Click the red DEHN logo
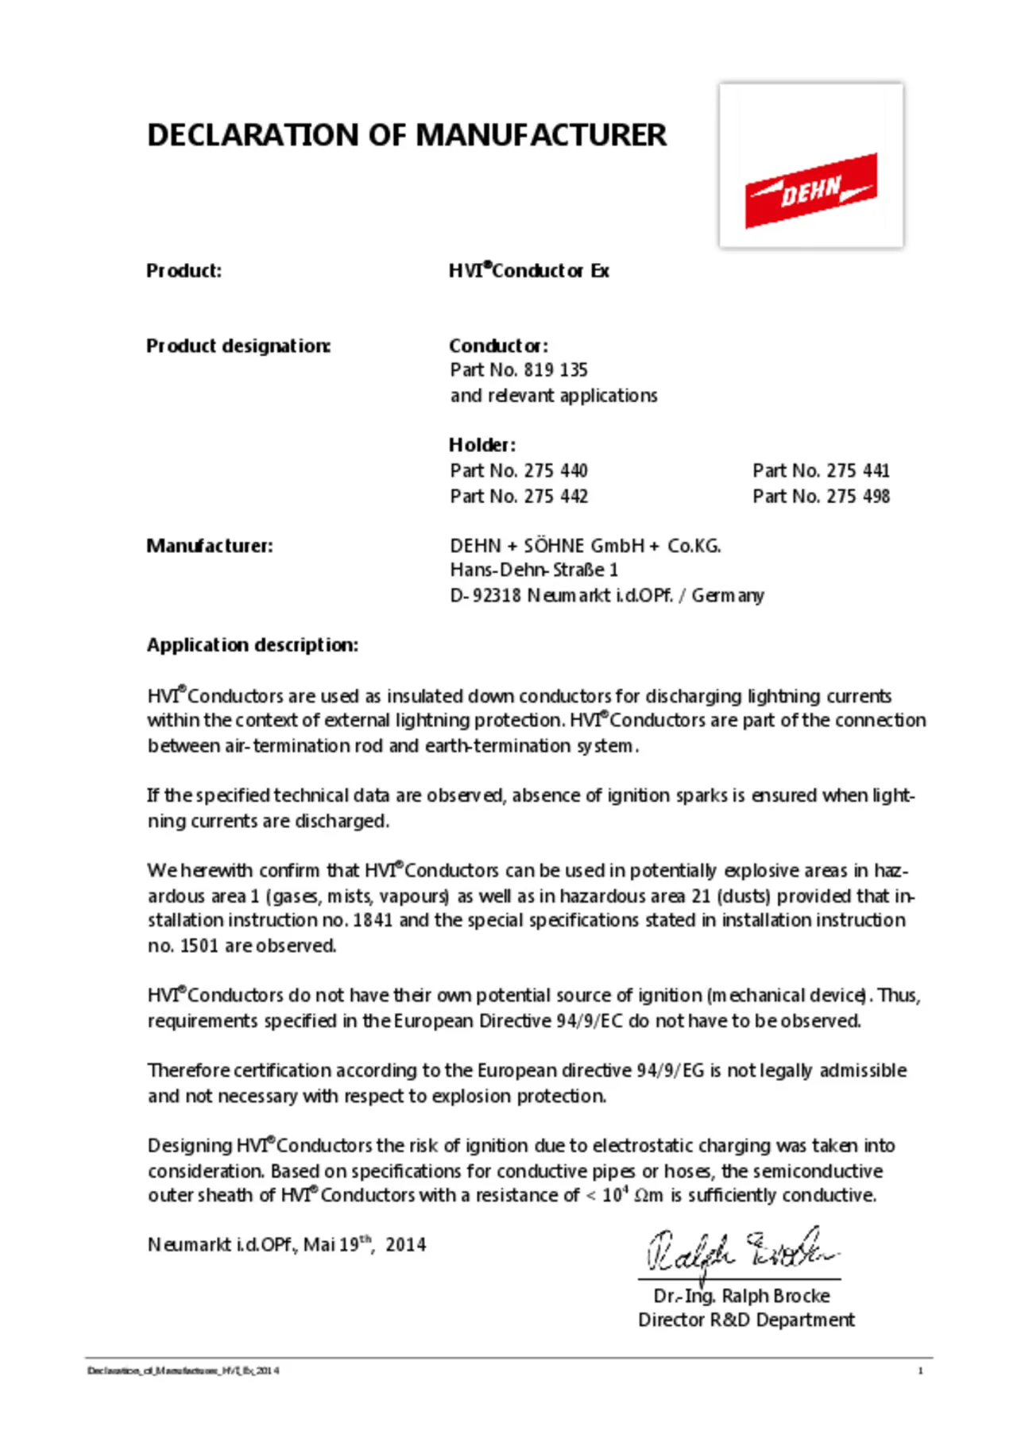coord(810,190)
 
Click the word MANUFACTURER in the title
coord(541,135)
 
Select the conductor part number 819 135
coord(555,370)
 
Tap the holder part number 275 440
coord(555,471)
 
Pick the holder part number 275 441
coord(858,471)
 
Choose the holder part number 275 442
coord(555,497)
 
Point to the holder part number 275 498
coord(858,497)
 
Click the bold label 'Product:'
coord(184,271)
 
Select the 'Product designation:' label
coord(238,346)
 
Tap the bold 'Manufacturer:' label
coord(210,546)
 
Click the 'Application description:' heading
coord(253,645)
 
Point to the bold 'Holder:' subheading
coord(482,445)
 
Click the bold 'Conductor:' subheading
coord(498,346)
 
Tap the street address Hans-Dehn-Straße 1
coord(534,571)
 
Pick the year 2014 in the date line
coord(406,1245)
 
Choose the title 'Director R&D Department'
coord(746,1320)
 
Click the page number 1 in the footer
coord(920,1371)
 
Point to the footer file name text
coord(183,1371)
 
